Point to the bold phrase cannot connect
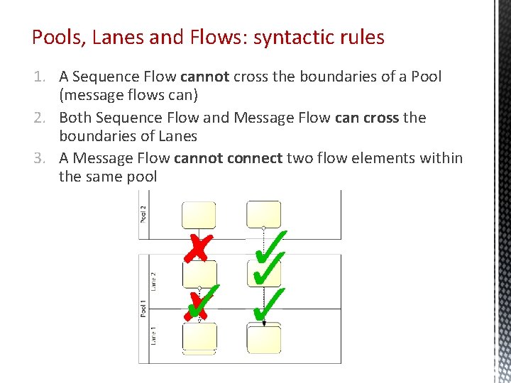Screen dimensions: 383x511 point(228,158)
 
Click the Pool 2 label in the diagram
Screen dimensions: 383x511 point(143,213)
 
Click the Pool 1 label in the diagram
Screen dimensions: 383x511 point(143,310)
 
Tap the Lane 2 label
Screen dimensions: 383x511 point(153,280)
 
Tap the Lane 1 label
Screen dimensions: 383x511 point(153,335)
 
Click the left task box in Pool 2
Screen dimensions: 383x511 point(199,214)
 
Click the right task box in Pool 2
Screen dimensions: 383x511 point(263,213)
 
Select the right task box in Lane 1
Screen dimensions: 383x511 point(263,339)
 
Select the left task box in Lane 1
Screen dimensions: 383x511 point(199,338)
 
